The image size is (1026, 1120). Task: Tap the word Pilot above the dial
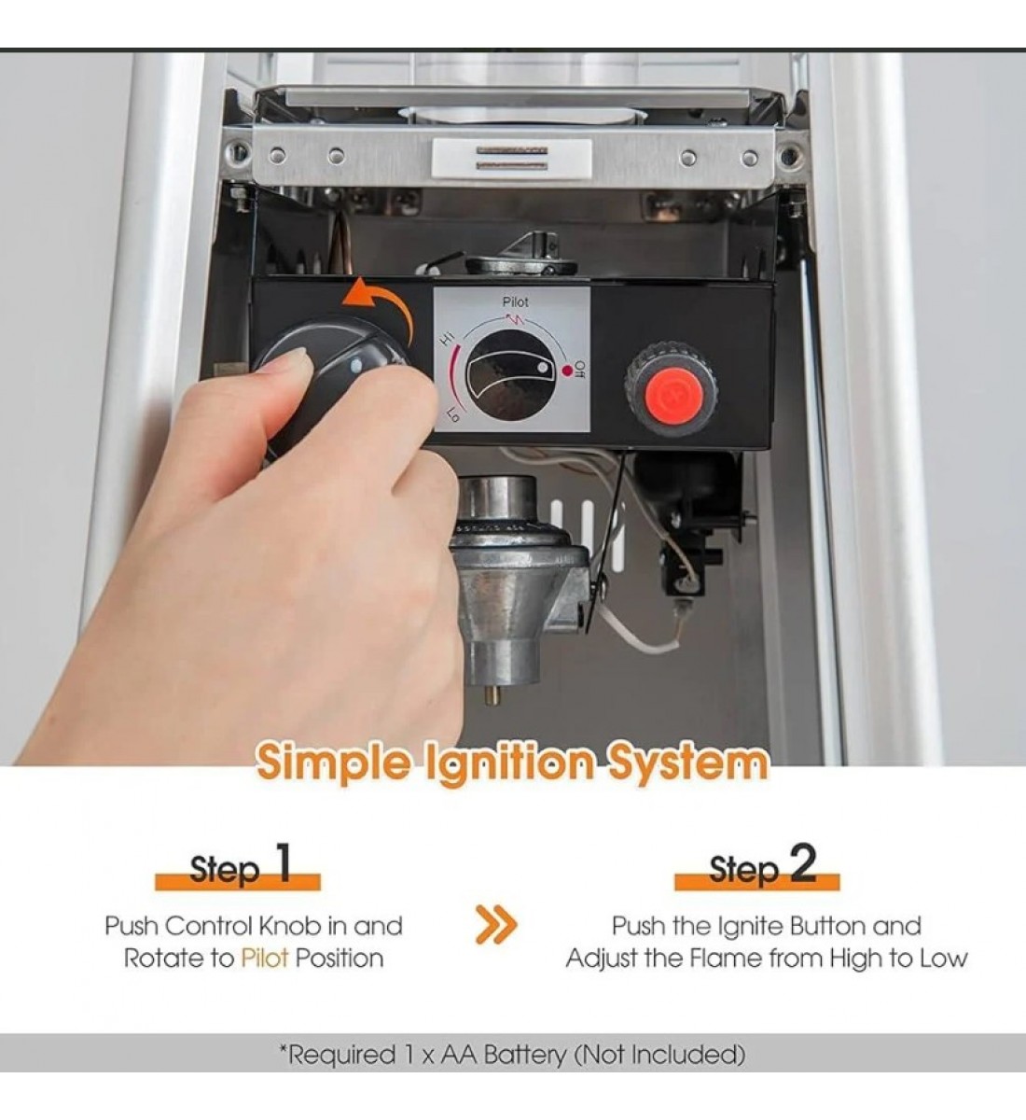(515, 302)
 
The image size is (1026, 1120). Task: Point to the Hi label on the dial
(448, 339)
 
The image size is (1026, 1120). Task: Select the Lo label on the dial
(454, 415)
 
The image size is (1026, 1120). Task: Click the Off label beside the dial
(579, 369)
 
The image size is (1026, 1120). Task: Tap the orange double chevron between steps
(496, 925)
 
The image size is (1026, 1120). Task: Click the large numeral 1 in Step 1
(284, 863)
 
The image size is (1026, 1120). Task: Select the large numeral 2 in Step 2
(802, 863)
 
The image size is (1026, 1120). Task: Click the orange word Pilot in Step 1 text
(265, 959)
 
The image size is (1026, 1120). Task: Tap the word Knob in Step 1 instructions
(291, 926)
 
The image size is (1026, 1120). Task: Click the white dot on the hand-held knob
(355, 366)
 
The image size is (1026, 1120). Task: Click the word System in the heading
(687, 763)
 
